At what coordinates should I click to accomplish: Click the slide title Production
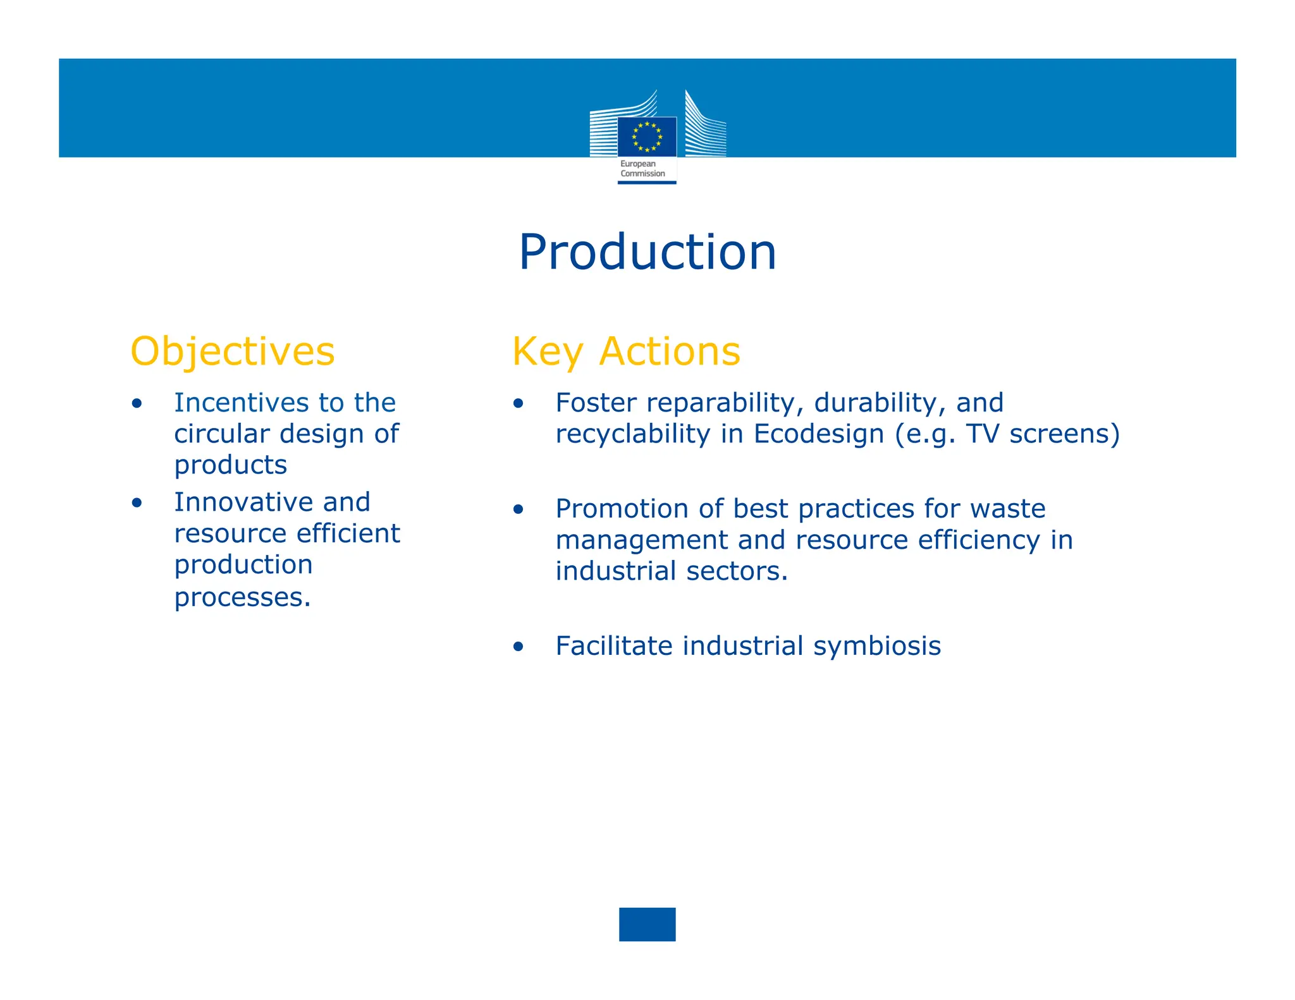pyautogui.click(x=647, y=252)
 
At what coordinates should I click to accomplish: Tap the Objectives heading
pyautogui.click(x=232, y=351)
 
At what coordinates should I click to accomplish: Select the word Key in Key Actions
pyautogui.click(x=547, y=351)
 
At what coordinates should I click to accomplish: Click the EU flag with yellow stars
pyautogui.click(x=647, y=137)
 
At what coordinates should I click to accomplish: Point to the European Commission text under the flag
pyautogui.click(x=642, y=169)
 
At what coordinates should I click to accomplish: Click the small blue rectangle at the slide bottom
pyautogui.click(x=647, y=924)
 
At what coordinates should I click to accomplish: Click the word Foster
pyautogui.click(x=596, y=403)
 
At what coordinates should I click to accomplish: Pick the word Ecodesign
pyautogui.click(x=818, y=434)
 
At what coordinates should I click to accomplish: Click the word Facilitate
pyautogui.click(x=613, y=646)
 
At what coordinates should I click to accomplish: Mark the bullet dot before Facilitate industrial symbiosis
pyautogui.click(x=519, y=647)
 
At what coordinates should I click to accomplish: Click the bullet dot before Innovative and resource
pyautogui.click(x=137, y=503)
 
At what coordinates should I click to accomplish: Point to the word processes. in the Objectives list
pyautogui.click(x=243, y=597)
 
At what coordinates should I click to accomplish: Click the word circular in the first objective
pyautogui.click(x=222, y=434)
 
